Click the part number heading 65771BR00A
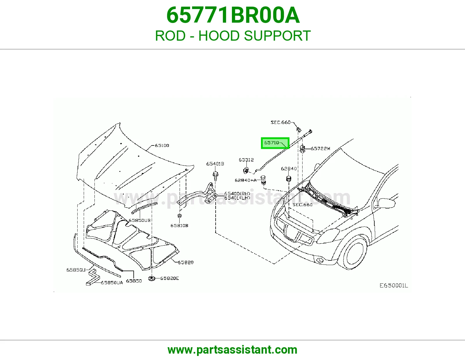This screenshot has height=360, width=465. click(233, 15)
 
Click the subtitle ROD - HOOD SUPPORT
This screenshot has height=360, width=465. click(233, 36)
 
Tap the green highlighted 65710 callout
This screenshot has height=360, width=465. click(275, 143)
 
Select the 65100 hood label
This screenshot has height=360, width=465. click(162, 145)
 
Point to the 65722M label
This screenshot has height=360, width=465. click(320, 148)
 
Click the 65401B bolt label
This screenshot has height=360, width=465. click(215, 164)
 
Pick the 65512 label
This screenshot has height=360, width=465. click(246, 160)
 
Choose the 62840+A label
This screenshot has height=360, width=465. click(246, 180)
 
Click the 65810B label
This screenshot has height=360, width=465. click(179, 226)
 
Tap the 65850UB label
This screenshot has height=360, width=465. click(139, 220)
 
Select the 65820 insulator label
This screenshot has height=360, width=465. click(185, 262)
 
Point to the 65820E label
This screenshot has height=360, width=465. click(169, 278)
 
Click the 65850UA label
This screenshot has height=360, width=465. click(112, 282)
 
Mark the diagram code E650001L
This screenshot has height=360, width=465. click(394, 285)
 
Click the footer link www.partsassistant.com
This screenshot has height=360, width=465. click(233, 350)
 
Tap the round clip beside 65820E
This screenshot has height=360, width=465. click(152, 279)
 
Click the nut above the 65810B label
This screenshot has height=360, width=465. click(180, 216)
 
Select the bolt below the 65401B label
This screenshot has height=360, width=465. click(215, 176)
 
